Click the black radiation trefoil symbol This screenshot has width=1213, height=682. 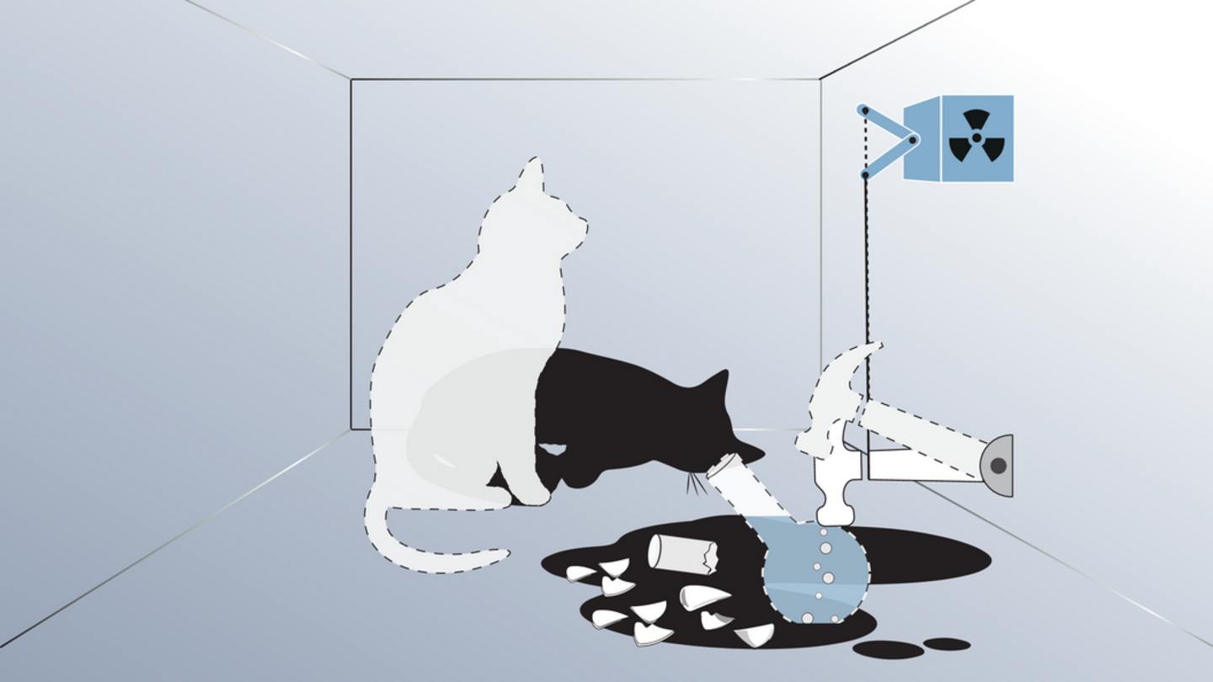[x=976, y=137]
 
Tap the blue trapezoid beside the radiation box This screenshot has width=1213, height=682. [x=922, y=139]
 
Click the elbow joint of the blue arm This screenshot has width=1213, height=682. [x=914, y=140]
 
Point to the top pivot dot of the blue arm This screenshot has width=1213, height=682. [x=863, y=110]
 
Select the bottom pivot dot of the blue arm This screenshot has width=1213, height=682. [x=865, y=174]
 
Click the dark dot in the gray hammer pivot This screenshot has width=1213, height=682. [x=998, y=466]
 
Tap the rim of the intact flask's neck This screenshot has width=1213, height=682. [x=720, y=462]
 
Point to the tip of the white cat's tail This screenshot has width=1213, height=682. [x=500, y=556]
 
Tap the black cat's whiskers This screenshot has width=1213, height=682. [x=695, y=484]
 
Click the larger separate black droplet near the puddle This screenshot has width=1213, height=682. [x=888, y=649]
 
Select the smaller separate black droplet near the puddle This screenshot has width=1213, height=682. [x=947, y=644]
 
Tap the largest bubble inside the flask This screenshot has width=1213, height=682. [x=828, y=578]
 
